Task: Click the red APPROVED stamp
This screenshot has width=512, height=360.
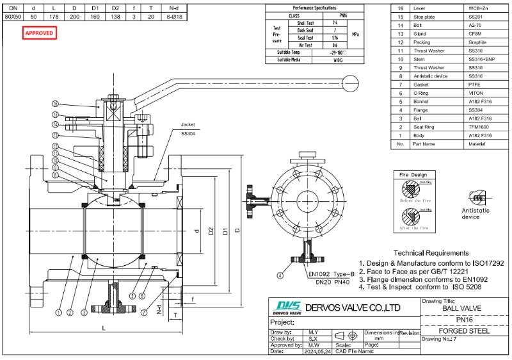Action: [40, 33]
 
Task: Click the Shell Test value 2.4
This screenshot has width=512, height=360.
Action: [335, 22]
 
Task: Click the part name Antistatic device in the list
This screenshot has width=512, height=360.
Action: [430, 76]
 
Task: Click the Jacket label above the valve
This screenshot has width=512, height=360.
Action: [187, 125]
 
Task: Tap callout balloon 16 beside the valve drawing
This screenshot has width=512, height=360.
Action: [56, 104]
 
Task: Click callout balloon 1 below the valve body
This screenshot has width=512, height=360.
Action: [58, 313]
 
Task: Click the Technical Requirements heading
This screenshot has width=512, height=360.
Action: [431, 253]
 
